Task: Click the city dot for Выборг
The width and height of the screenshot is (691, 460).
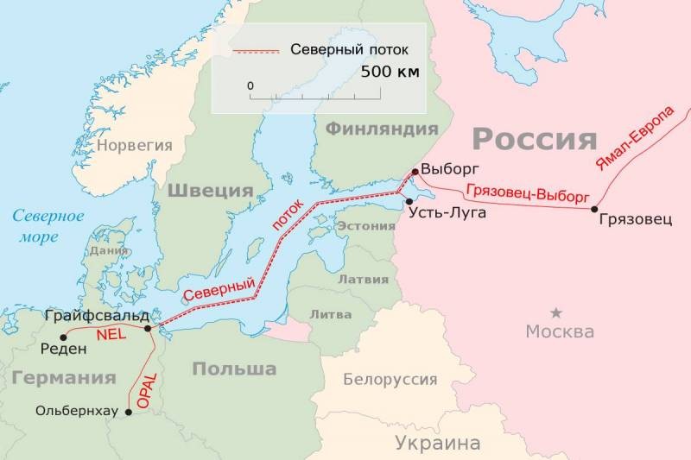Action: (x=415, y=171)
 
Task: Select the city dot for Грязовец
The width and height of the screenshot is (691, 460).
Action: (x=593, y=209)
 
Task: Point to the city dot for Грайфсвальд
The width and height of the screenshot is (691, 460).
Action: (x=149, y=328)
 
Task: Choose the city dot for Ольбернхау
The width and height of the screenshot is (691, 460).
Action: (x=129, y=413)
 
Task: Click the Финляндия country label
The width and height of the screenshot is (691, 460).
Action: (x=382, y=129)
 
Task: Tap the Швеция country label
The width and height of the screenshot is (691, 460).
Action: (x=210, y=191)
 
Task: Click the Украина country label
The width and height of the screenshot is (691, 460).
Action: (x=437, y=444)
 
